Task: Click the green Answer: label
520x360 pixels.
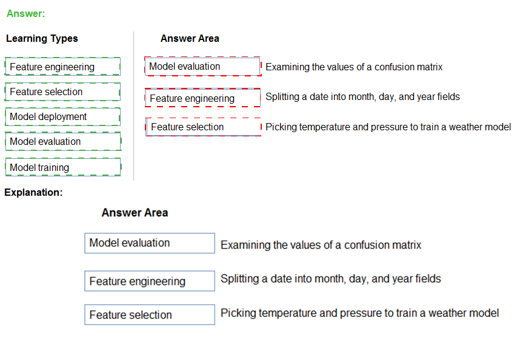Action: pos(25,13)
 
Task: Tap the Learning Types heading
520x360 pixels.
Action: pos(42,38)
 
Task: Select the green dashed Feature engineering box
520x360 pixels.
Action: pos(62,67)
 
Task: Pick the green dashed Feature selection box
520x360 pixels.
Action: pos(62,92)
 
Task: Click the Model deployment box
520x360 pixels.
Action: pos(62,117)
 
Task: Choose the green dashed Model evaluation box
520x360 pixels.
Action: pos(64,142)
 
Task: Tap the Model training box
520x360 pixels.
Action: pos(63,167)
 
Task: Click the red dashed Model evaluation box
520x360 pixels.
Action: pos(203,66)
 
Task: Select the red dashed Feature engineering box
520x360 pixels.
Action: pos(203,98)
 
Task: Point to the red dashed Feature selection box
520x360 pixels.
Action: pos(203,127)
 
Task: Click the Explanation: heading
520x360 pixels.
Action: pos(33,192)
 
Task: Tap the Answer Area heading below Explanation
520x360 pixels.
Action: pos(135,213)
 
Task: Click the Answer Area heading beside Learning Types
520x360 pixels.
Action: pos(190,38)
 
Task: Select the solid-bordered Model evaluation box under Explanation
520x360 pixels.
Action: pos(150,243)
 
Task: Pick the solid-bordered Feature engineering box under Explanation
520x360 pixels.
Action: pos(150,281)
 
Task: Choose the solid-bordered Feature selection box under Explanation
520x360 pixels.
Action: pos(150,315)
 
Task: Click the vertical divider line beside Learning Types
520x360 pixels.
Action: pos(134,106)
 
